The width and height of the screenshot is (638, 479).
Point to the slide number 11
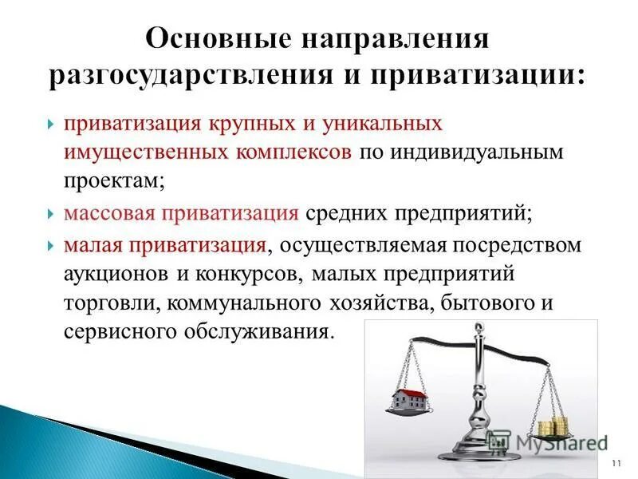point(614,464)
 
